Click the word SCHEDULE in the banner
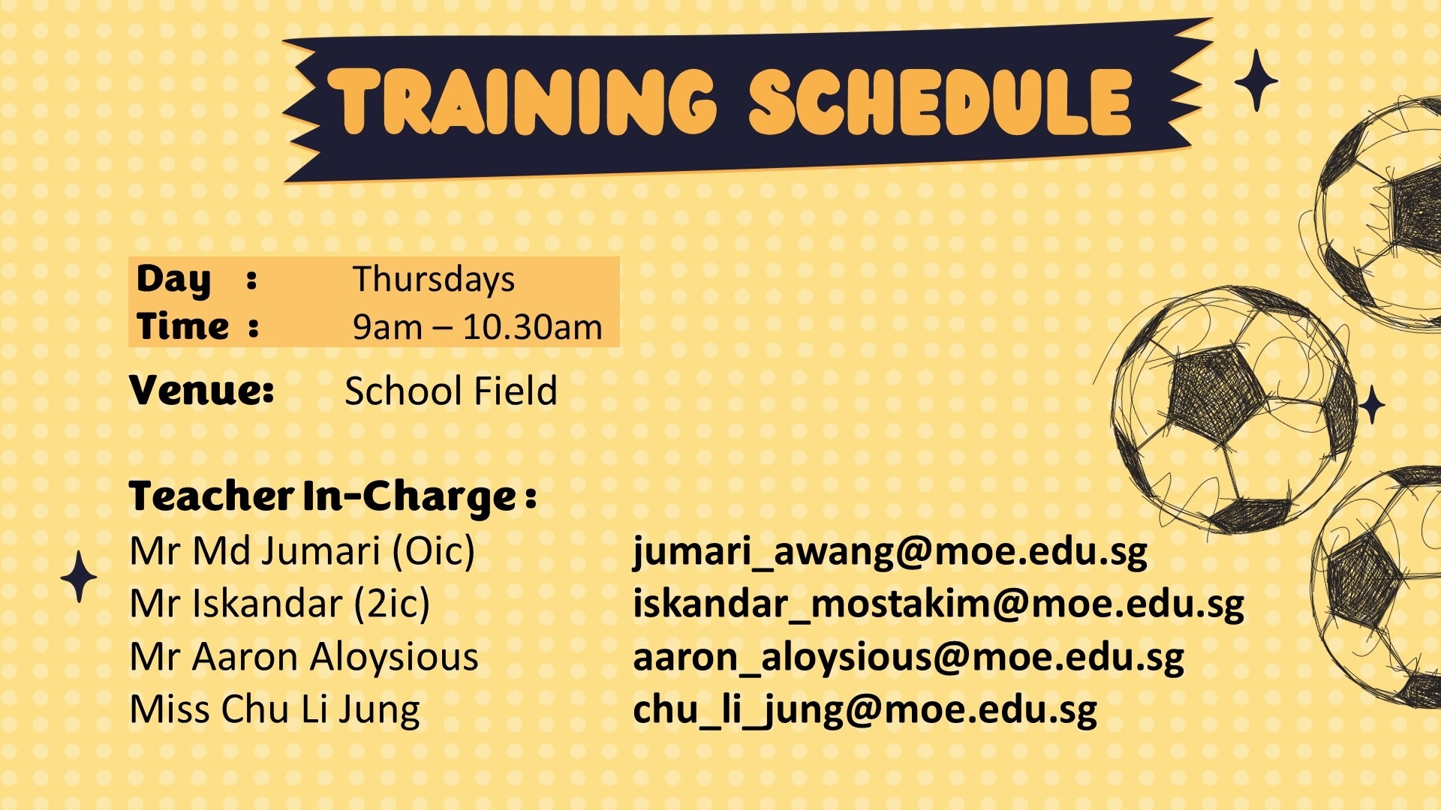click(x=940, y=102)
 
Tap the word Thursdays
click(x=434, y=279)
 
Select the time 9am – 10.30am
click(x=477, y=327)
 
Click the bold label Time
click(x=182, y=326)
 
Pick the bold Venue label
click(x=201, y=390)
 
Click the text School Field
click(x=450, y=391)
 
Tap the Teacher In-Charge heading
click(x=332, y=497)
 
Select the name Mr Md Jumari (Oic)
click(x=302, y=551)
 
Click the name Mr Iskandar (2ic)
click(x=279, y=604)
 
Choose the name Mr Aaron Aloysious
click(x=304, y=657)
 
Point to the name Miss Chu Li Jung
click(x=275, y=709)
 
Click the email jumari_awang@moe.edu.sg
click(x=890, y=551)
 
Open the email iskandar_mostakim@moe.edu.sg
click(x=938, y=604)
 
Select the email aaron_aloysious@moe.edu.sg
click(x=908, y=658)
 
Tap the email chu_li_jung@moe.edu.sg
click(x=865, y=710)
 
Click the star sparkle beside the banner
click(x=1256, y=80)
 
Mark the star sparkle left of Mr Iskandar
click(x=79, y=577)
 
